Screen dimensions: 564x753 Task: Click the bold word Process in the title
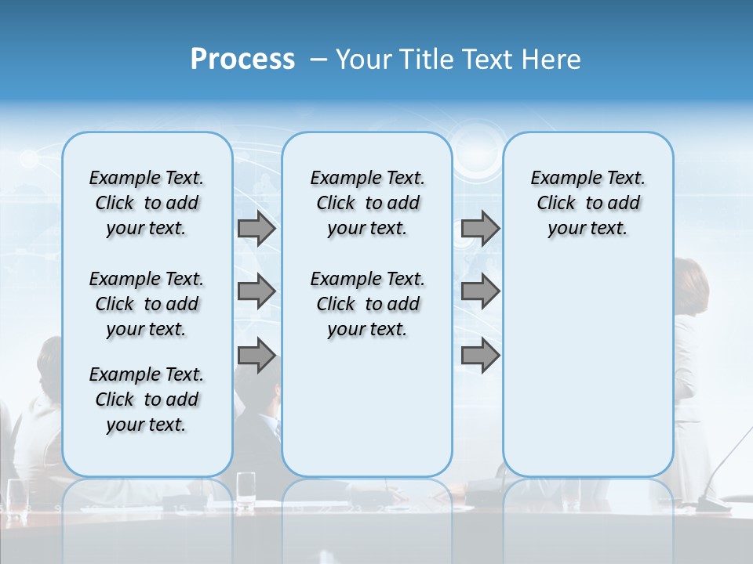[x=242, y=60]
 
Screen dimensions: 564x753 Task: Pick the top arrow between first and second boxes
[x=256, y=229]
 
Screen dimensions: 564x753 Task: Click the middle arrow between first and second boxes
[x=256, y=291]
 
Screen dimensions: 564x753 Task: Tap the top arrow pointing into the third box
[x=480, y=229]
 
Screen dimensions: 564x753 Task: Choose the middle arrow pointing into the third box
[x=480, y=291]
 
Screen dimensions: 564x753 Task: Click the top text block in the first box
[x=147, y=203]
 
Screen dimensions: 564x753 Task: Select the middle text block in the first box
[x=147, y=304]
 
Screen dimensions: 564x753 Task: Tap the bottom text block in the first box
[x=147, y=399]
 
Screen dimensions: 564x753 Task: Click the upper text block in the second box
[x=367, y=203]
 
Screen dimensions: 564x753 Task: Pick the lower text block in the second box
[x=367, y=304]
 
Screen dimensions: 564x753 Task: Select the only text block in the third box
[x=587, y=203]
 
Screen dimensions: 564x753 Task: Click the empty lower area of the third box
[x=587, y=368]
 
